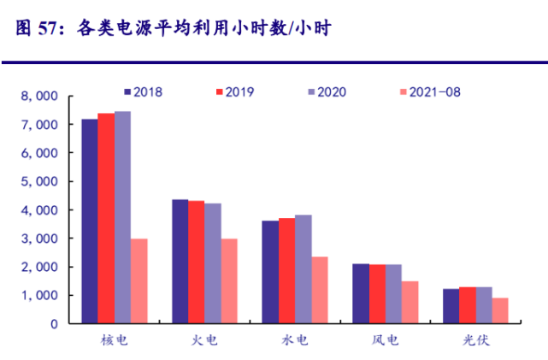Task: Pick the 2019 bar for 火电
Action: tap(197, 262)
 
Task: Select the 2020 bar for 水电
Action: tap(303, 269)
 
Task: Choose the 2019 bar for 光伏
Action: tap(468, 304)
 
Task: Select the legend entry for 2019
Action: tap(235, 91)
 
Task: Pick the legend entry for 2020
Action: tap(326, 91)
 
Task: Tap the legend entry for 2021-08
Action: tap(430, 91)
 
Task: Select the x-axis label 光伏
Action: tap(477, 339)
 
